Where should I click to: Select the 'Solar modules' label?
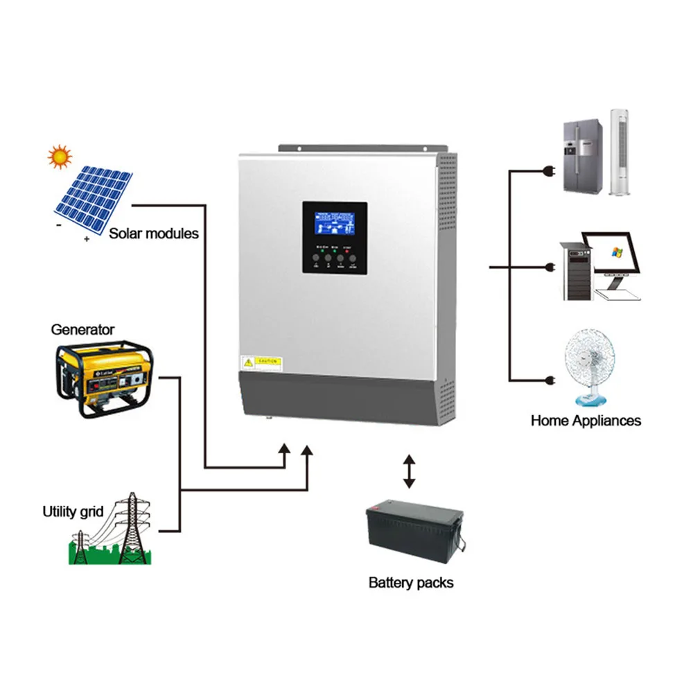(x=154, y=234)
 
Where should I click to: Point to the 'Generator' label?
(x=82, y=329)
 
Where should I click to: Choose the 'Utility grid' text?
(x=73, y=512)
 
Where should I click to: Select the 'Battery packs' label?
(x=411, y=582)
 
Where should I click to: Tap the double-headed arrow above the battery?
(x=410, y=471)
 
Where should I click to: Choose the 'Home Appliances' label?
(x=586, y=420)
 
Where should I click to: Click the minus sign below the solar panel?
(x=61, y=225)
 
